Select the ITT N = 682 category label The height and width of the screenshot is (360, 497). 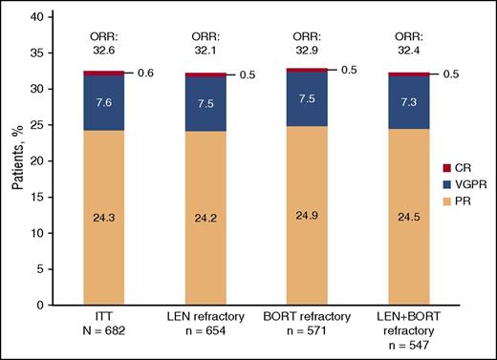tap(95, 328)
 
